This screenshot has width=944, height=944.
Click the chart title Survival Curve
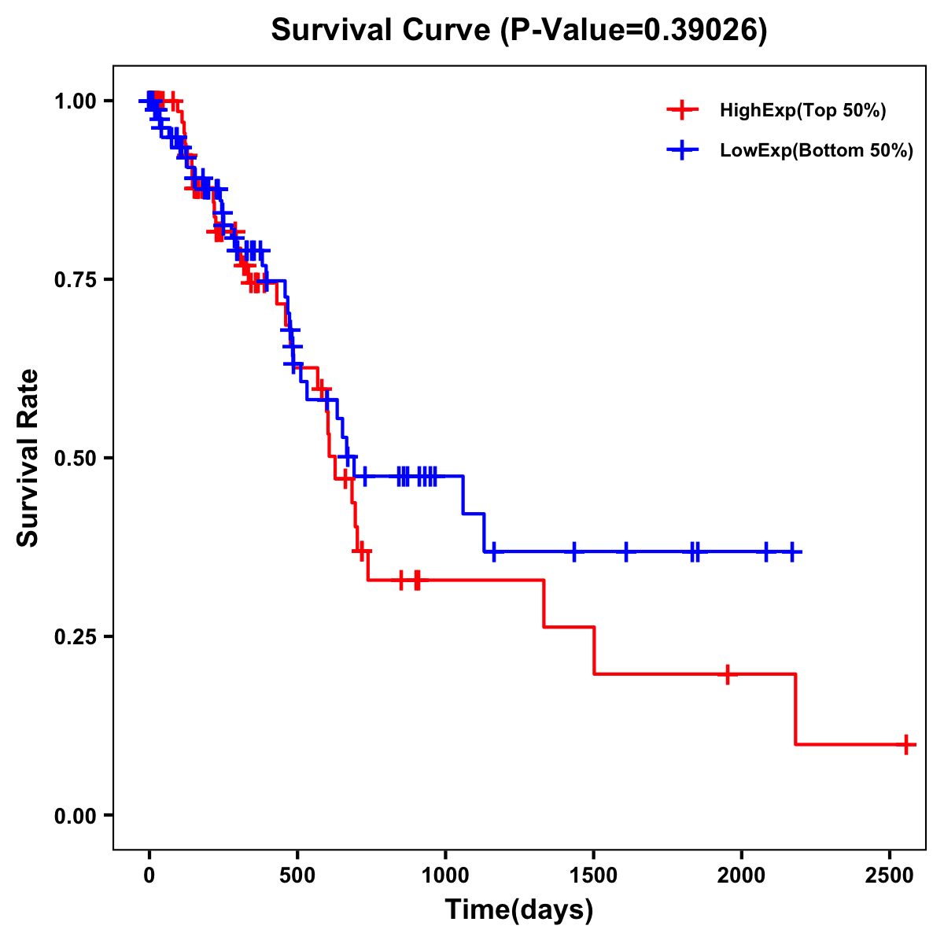pos(518,31)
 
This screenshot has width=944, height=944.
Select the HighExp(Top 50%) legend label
pos(802,111)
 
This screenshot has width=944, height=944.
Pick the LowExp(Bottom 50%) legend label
pos(817,151)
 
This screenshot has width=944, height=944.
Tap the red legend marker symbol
pos(682,110)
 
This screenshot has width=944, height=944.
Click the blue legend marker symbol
pos(682,150)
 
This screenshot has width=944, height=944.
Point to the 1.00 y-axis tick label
pos(76,101)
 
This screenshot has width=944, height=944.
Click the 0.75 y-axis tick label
pos(76,280)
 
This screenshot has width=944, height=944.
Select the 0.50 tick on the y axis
pos(76,459)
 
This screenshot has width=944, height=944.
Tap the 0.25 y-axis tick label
pos(76,636)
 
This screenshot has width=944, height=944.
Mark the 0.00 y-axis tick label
pos(76,815)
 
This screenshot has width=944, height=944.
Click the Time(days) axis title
pos(519,910)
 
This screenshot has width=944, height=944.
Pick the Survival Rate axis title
pos(28,457)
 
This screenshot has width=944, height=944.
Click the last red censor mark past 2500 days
pos(906,743)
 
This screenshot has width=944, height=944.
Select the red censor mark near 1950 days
pos(728,674)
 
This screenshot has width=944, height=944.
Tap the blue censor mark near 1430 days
pos(573,551)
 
